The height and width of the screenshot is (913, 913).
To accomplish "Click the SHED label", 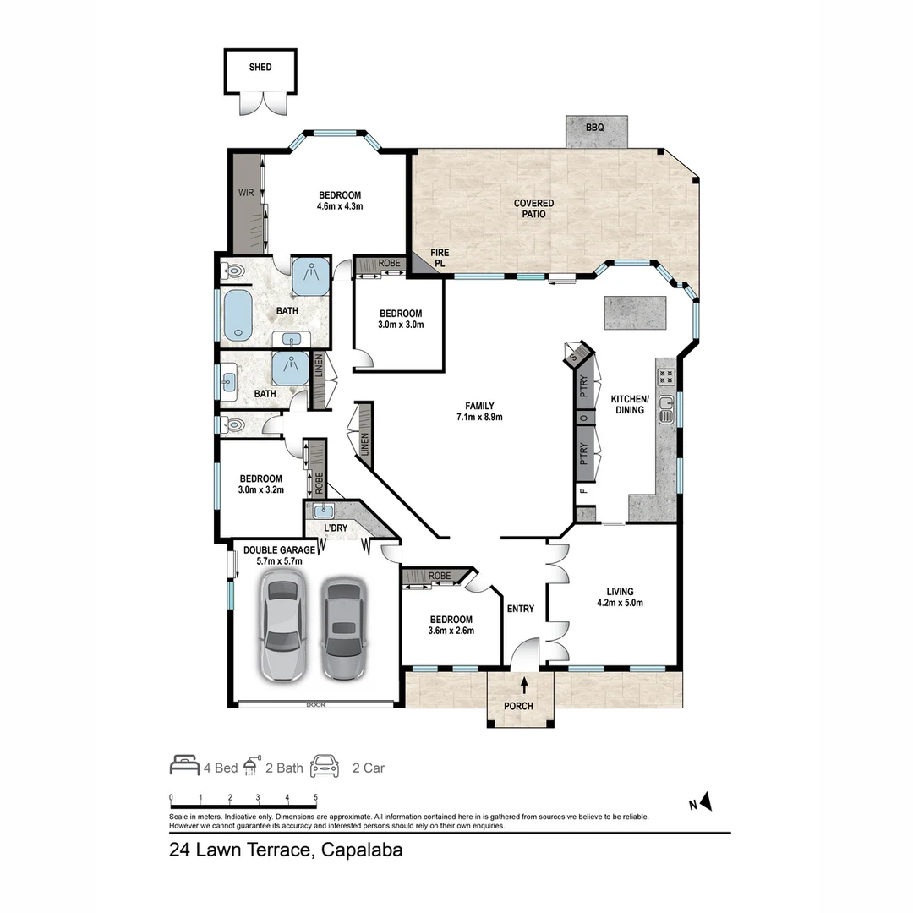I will point(260,67).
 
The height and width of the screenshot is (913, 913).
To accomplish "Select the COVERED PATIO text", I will point(534,209).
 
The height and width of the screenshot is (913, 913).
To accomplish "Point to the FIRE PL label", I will point(440,258).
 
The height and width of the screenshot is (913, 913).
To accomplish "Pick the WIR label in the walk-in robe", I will point(245,193).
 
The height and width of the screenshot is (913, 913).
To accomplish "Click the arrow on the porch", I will point(524,686).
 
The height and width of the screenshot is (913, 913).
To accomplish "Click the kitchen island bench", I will point(634,312).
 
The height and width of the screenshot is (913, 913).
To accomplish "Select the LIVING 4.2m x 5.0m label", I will point(625,598).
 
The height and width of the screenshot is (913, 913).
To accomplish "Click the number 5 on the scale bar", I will point(315,797).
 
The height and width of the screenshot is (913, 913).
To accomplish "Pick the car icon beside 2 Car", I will point(324,767).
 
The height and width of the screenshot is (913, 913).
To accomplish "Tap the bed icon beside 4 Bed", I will point(184,766).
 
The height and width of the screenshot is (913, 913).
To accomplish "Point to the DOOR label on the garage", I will point(317,704).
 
